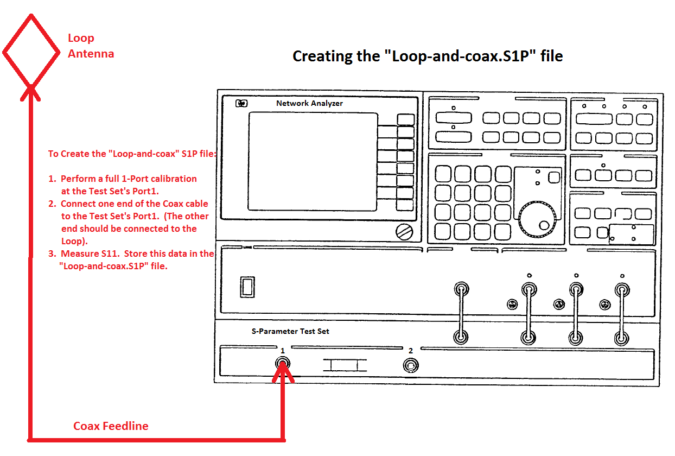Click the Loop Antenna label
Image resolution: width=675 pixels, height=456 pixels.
(x=91, y=46)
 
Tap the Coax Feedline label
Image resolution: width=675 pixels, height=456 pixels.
(x=111, y=426)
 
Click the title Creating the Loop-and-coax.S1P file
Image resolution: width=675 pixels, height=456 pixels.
(x=427, y=56)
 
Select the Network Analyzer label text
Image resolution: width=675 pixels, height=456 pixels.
(x=309, y=103)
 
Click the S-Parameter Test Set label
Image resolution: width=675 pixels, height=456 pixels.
(x=290, y=331)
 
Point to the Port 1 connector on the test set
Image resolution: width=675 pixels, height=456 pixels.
(x=282, y=364)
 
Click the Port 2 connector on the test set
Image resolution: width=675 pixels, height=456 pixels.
(x=411, y=365)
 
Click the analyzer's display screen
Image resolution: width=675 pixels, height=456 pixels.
(x=313, y=166)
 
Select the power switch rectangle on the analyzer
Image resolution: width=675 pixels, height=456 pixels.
(x=247, y=286)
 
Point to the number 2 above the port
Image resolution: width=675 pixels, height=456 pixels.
(x=411, y=351)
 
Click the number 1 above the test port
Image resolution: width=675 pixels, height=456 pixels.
(x=282, y=351)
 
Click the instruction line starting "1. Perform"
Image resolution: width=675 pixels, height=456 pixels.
(x=129, y=179)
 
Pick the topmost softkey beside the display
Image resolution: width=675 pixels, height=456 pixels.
(x=405, y=119)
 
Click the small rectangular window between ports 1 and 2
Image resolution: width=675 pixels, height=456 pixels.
(x=345, y=365)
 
